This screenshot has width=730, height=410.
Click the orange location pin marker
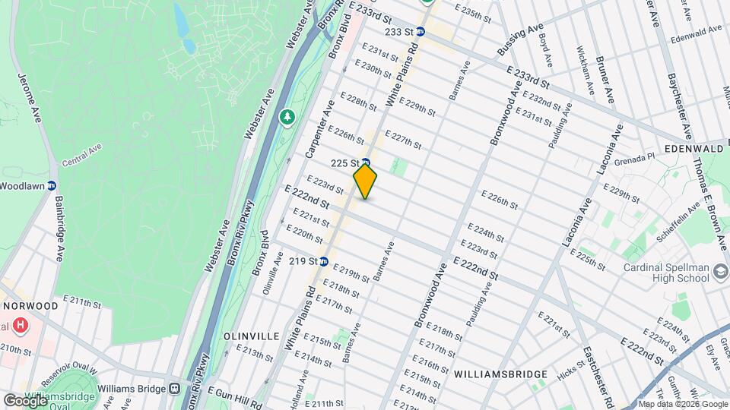pos(366,181)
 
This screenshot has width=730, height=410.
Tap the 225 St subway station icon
pos(366,162)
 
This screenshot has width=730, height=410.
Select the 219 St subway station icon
pos(323,261)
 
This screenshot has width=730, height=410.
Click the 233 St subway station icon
pos(419,33)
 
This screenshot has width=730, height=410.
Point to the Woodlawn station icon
pos(52,185)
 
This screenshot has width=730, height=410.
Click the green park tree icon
pos(287,117)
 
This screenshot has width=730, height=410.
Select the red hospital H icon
pos(21,325)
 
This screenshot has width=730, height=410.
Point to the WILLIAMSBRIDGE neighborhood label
pos(500,374)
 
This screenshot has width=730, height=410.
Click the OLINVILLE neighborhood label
pos(247,335)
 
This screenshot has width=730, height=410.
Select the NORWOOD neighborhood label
pos(30,305)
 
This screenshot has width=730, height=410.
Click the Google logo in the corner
pos(25,400)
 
